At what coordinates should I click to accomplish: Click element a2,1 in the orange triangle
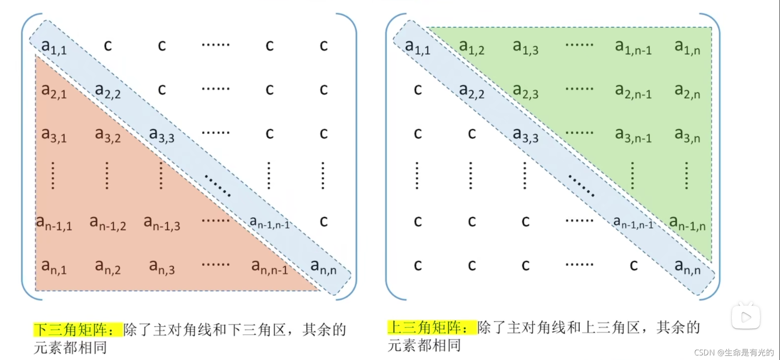[x=54, y=91]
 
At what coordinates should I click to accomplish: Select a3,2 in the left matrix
[x=108, y=135]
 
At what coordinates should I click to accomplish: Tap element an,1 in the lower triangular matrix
[x=54, y=267]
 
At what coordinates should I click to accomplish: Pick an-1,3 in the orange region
[x=162, y=223]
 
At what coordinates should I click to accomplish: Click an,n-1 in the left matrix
[x=270, y=267]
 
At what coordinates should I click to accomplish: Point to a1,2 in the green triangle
[x=472, y=47]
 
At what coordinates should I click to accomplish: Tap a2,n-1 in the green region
[x=633, y=91]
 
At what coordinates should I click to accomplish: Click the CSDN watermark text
[x=734, y=353]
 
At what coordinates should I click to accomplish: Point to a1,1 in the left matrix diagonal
[x=54, y=47]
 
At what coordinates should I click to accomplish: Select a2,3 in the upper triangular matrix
[x=525, y=91]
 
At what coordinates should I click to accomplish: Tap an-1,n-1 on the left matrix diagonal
[x=270, y=223]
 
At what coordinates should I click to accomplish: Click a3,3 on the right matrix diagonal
[x=525, y=135]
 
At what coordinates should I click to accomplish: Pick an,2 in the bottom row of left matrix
[x=108, y=267]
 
